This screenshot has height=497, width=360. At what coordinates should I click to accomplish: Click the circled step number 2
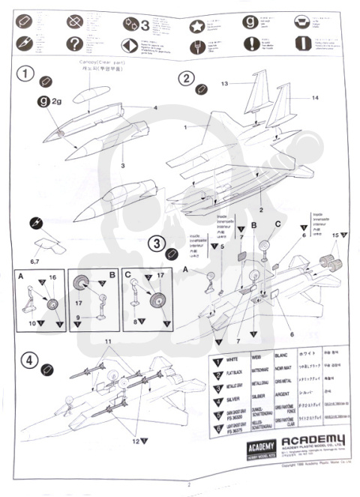pyautogui.click(x=187, y=79)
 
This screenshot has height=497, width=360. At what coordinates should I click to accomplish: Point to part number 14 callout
pyautogui.click(x=294, y=98)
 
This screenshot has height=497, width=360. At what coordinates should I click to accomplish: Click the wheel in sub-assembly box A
pyautogui.click(x=52, y=304)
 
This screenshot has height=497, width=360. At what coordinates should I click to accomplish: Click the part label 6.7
pyautogui.click(x=40, y=259)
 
